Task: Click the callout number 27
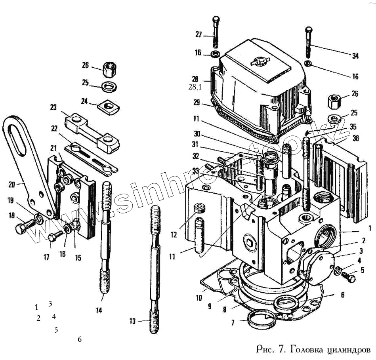point(198,35)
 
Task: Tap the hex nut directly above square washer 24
point(109,70)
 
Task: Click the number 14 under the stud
point(99,310)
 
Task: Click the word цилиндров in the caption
point(349,350)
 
